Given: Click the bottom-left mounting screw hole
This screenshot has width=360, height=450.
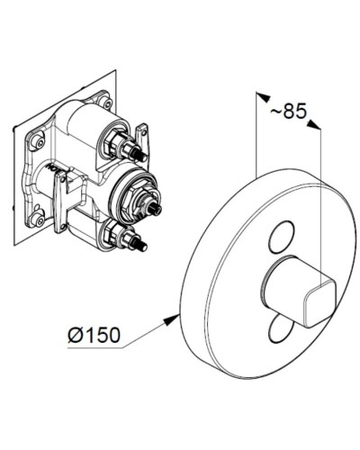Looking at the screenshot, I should click(36, 216).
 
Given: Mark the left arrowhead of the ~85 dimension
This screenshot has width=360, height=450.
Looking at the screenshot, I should click(259, 94).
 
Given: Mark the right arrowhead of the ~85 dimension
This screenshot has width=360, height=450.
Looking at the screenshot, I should click(318, 128).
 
